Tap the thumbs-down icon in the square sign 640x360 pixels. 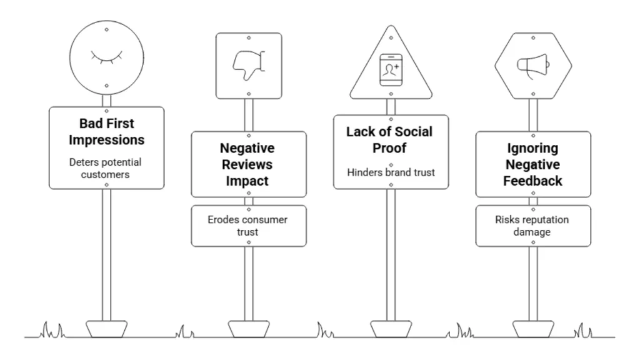click(248, 64)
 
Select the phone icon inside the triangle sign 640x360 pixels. click(391, 69)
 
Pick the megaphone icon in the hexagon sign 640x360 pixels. click(532, 63)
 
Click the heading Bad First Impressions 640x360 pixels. click(106, 131)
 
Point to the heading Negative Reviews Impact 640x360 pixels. click(248, 164)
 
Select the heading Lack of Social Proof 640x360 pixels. click(391, 139)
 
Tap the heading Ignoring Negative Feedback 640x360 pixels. click(533, 164)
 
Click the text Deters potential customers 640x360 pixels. click(106, 168)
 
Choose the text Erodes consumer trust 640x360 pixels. click(248, 226)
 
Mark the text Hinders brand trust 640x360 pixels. click(391, 172)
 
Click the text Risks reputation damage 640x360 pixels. click(532, 226)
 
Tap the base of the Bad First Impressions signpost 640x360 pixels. click(106, 329)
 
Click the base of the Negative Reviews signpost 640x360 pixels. click(248, 329)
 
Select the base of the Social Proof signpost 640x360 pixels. click(391, 329)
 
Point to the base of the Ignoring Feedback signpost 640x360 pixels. click(532, 329)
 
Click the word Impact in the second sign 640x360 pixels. click(248, 181)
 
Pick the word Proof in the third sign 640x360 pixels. click(391, 148)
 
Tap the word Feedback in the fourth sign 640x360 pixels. click(533, 181)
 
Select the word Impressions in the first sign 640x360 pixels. click(106, 140)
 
